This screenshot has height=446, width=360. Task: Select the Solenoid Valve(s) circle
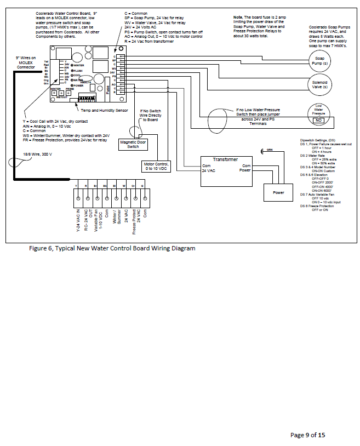pos(319,84)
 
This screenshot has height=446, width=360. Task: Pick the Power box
pos(278,192)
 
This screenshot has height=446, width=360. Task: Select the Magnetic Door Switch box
pos(133,144)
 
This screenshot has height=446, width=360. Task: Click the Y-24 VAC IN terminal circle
pos(78,197)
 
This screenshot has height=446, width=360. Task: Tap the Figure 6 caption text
pos(112,248)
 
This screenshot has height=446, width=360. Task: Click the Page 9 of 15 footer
pos(307,434)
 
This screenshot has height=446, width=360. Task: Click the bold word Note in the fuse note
pos(238,18)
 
